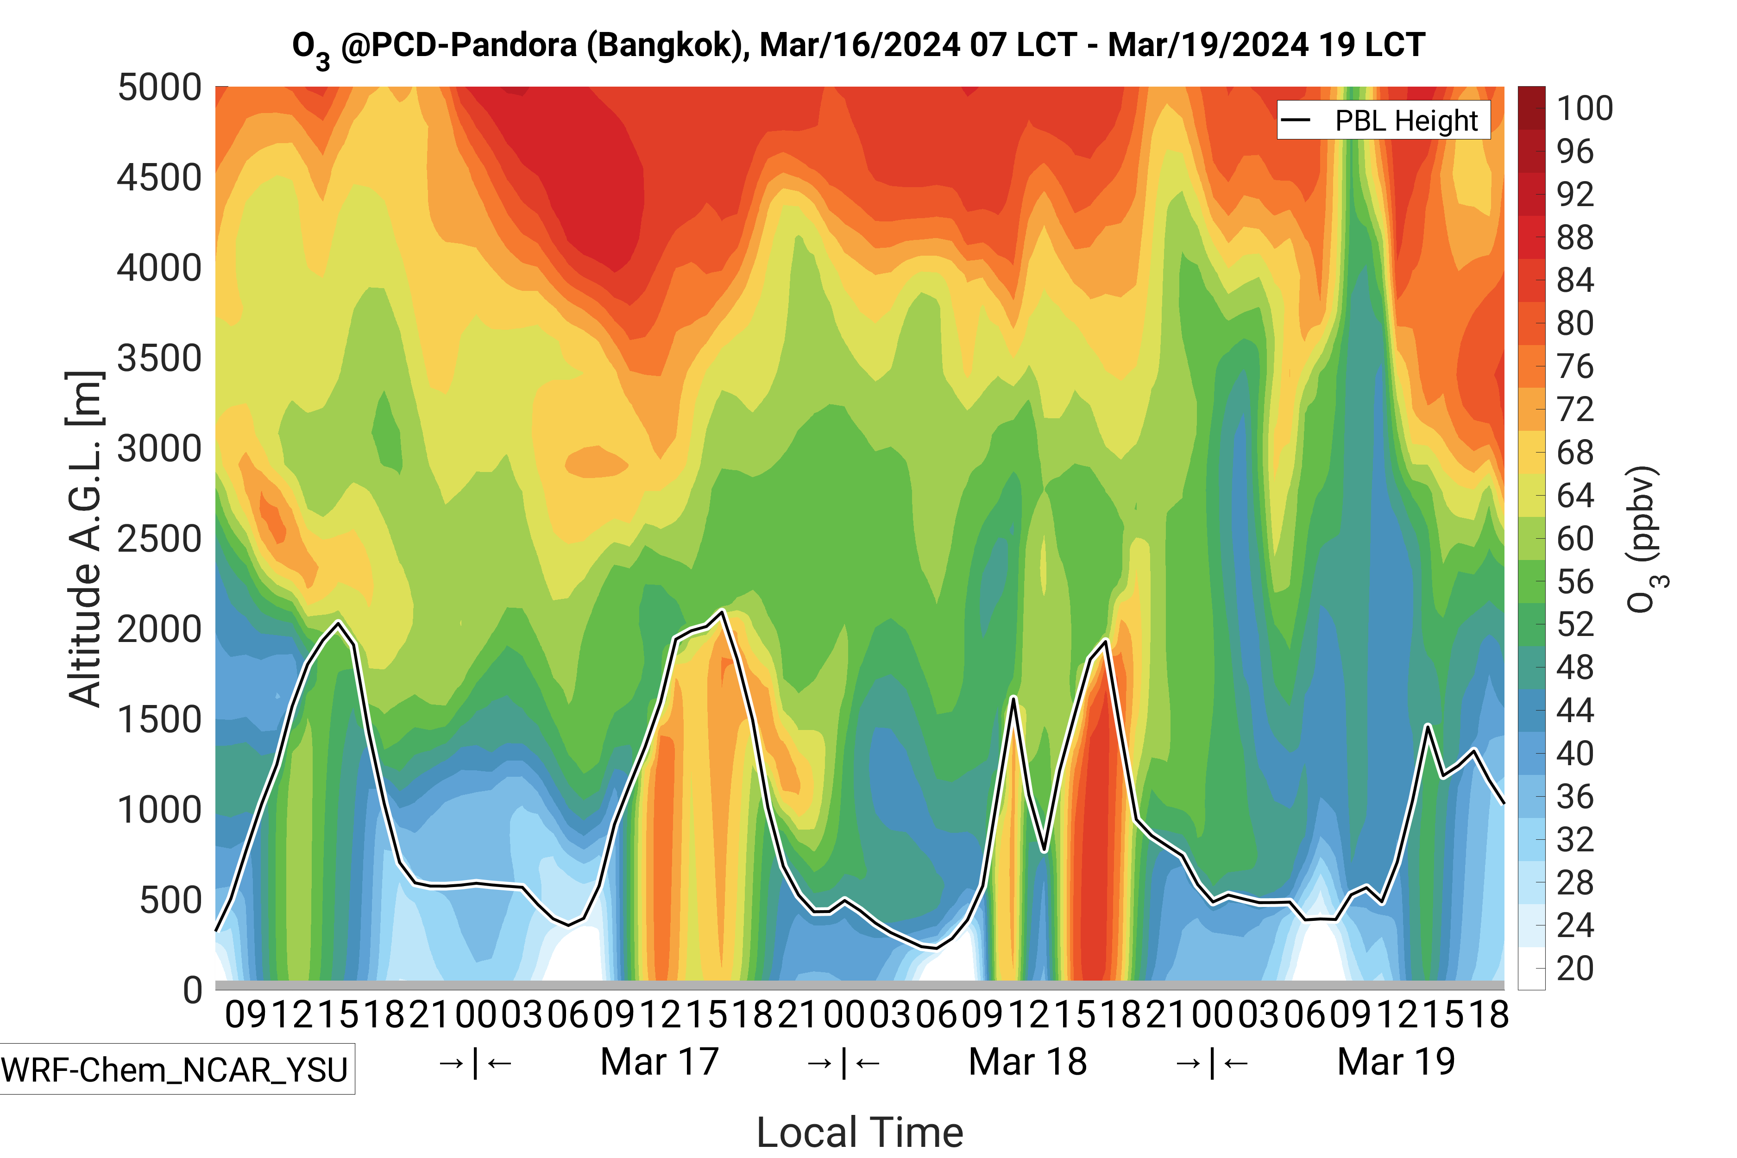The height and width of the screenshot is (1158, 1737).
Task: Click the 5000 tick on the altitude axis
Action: [159, 88]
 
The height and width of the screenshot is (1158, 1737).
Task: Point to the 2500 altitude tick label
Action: [159, 539]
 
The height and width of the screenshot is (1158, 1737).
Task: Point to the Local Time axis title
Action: [860, 1132]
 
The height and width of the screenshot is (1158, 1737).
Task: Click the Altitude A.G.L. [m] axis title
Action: [83, 539]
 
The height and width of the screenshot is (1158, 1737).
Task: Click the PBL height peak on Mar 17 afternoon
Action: [722, 611]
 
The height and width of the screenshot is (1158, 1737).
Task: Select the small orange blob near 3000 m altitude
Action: [595, 462]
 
